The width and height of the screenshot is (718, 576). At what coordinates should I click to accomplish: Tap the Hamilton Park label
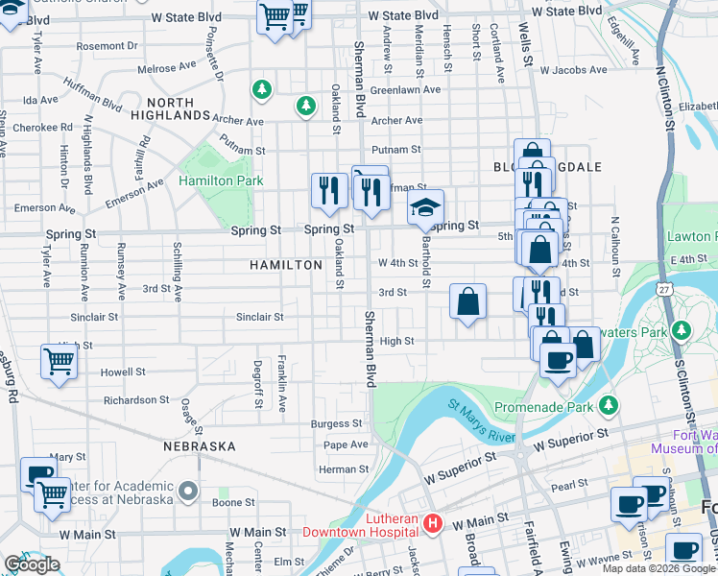click(221, 180)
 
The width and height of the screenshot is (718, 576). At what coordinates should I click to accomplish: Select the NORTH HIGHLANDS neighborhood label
click(178, 108)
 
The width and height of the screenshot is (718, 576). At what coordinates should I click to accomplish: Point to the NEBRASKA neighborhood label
click(200, 446)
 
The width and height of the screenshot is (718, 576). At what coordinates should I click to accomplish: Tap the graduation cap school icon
click(425, 206)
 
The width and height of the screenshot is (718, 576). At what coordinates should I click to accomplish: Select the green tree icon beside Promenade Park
click(607, 403)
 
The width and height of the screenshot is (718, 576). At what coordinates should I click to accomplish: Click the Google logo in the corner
click(32, 564)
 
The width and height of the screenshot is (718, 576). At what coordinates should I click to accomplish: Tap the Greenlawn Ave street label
click(405, 89)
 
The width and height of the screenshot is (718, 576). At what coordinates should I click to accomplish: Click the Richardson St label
click(135, 400)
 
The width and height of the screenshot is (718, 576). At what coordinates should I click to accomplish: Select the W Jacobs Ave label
click(573, 70)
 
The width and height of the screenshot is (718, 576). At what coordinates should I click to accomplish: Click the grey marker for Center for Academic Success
click(188, 491)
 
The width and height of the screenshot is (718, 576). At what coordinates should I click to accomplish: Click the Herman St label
click(344, 468)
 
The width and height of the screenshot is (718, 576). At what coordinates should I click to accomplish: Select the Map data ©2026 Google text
click(658, 567)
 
